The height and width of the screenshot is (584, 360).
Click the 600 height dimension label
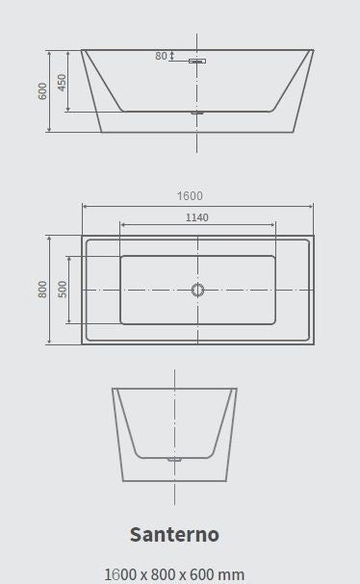tap(43, 91)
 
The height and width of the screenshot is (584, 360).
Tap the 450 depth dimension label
tap(62, 82)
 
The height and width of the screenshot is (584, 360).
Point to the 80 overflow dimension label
tap(161, 56)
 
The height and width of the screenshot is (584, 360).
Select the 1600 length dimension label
tap(190, 196)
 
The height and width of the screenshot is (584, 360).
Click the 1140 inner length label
tap(197, 217)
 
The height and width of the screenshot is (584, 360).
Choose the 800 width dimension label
tap(43, 290)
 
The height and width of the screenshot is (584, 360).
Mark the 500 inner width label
tap(63, 290)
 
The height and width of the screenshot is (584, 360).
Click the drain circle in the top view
tap(197, 290)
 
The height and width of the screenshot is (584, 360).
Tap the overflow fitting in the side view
tap(197, 61)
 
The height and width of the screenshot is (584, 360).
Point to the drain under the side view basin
tap(197, 113)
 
